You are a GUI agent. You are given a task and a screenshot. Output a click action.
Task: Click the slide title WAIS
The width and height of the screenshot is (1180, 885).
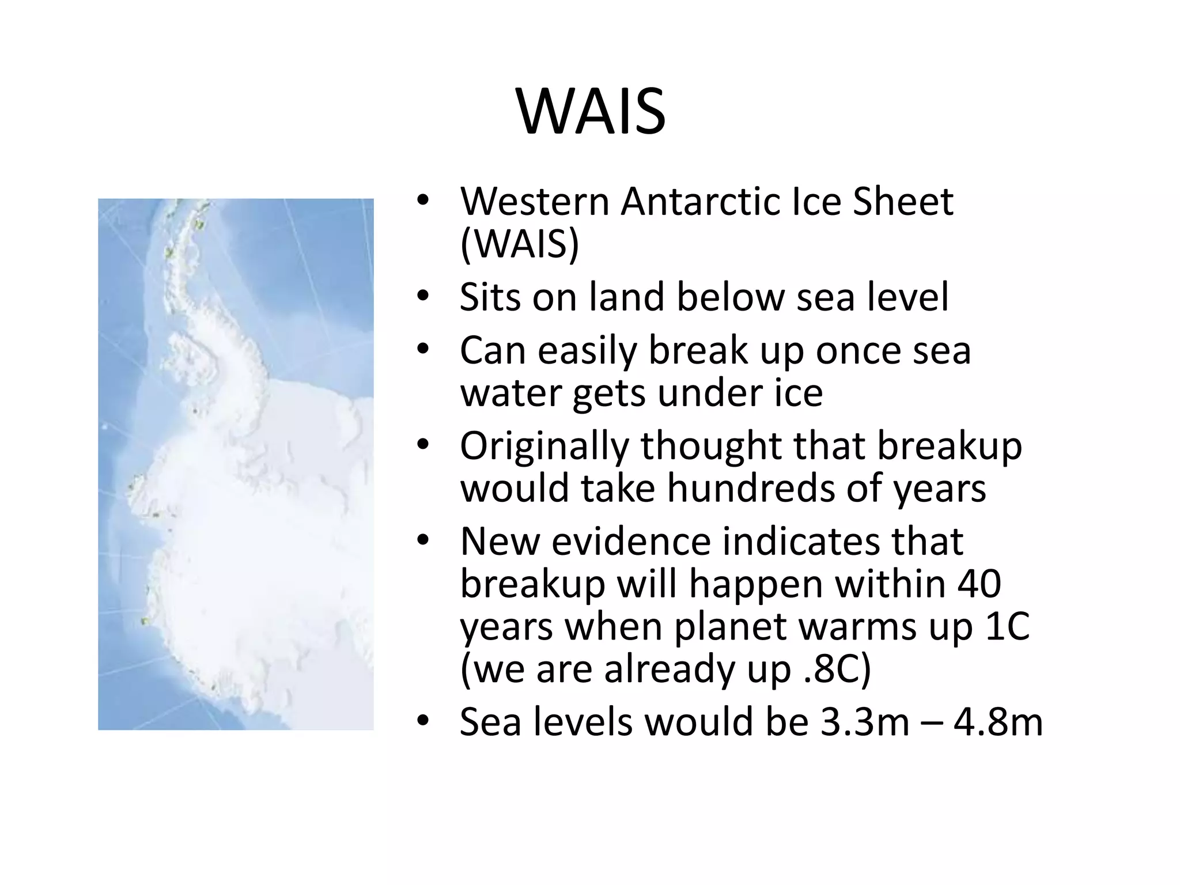[591, 112]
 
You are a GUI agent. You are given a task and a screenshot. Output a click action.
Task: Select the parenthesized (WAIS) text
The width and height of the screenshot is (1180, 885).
[520, 244]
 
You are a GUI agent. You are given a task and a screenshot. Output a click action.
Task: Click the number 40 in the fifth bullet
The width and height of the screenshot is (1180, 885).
[979, 584]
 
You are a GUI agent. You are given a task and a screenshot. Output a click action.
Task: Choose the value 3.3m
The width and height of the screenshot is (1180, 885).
[864, 722]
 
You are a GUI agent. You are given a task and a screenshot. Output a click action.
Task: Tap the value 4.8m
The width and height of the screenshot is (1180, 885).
[998, 722]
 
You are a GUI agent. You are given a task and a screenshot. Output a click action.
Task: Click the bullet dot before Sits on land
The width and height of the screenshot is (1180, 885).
[423, 297]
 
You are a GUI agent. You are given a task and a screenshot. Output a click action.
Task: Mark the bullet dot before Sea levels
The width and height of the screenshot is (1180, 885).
[423, 722]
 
